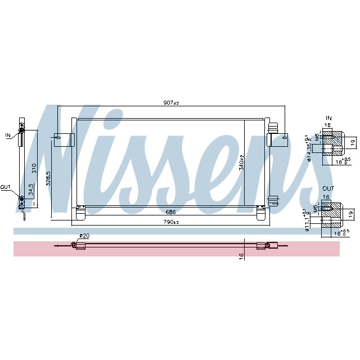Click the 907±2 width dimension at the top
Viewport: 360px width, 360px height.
tap(170, 103)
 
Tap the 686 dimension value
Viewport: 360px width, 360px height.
tap(170, 213)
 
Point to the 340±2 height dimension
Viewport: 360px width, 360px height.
tap(241, 163)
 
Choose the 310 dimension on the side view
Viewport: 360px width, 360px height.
tap(34, 167)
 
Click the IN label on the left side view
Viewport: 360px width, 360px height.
tap(8, 135)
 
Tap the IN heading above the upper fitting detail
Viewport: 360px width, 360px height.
tap(327, 118)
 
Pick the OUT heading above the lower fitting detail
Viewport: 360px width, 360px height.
tap(327, 189)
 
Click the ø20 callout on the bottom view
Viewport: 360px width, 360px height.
tap(84, 236)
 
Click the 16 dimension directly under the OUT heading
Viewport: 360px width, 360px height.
tap(326, 198)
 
